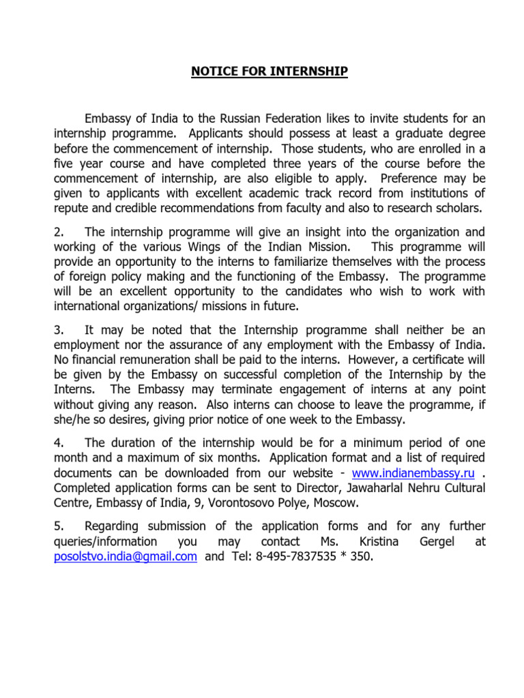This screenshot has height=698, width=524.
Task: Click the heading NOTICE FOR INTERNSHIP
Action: pyautogui.click(x=269, y=72)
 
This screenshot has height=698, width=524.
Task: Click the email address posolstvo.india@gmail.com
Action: pyautogui.click(x=126, y=556)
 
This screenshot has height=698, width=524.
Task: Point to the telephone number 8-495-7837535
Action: pyautogui.click(x=300, y=556)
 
